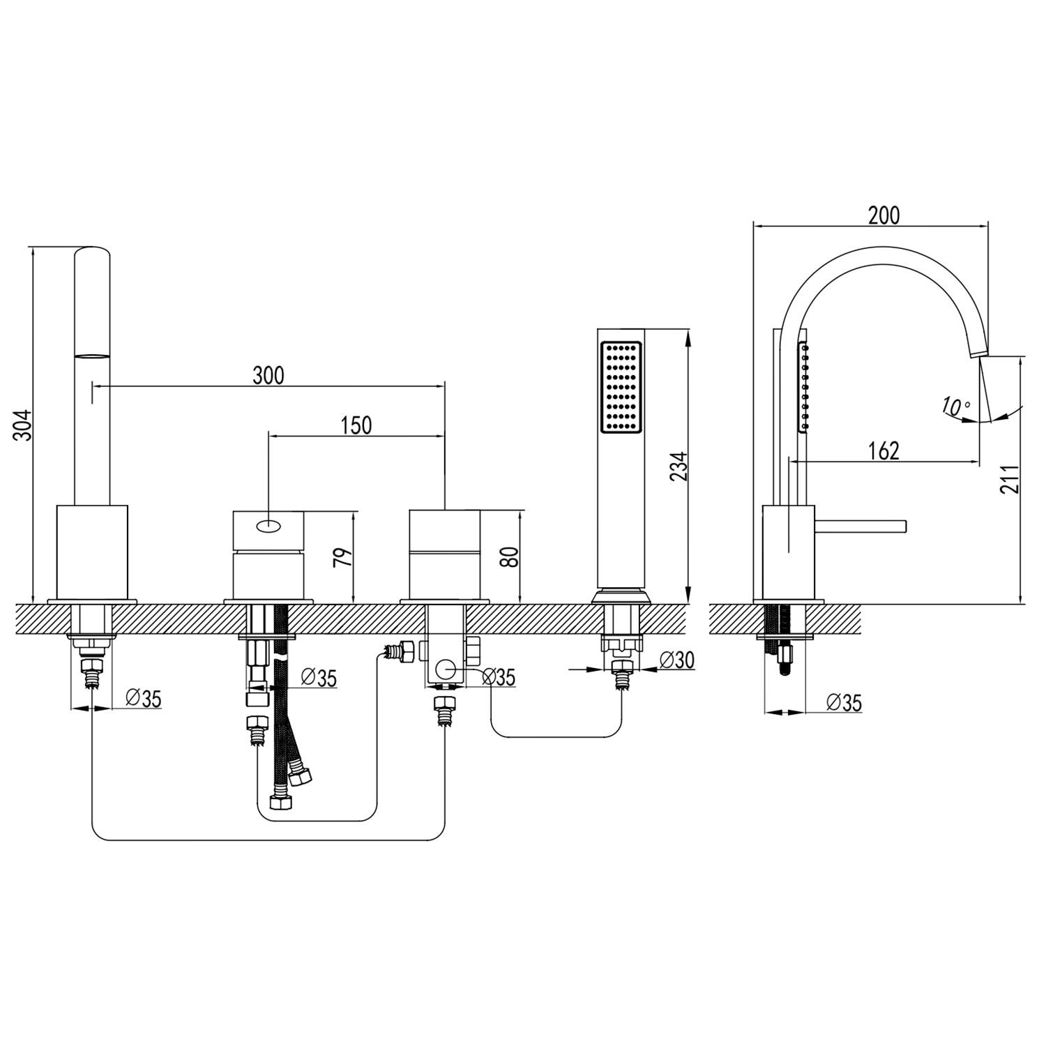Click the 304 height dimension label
point(23,425)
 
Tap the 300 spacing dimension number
point(268,375)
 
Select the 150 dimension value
point(356,425)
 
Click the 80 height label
point(510,556)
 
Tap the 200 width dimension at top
point(884,215)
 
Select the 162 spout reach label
point(884,451)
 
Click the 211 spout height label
point(1009,479)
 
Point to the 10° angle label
point(955,406)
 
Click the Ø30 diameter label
point(676,660)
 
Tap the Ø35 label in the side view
point(844,702)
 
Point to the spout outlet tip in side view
point(978,355)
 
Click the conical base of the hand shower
point(620,597)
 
